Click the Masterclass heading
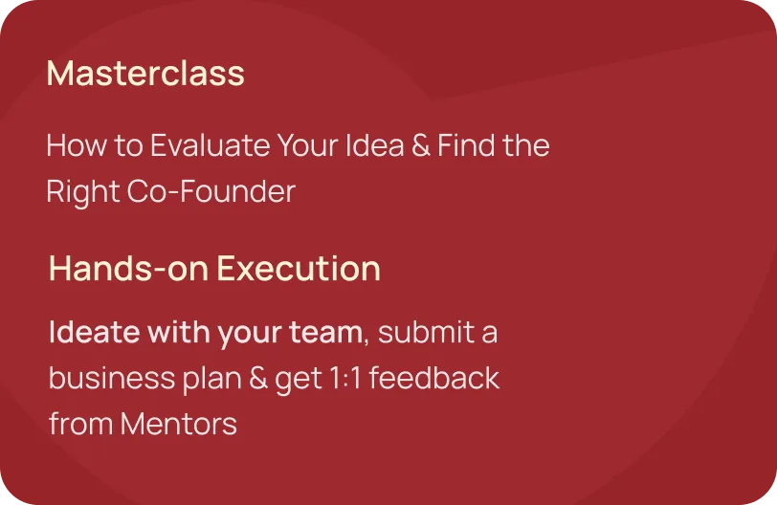tap(145, 74)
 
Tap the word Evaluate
tap(211, 145)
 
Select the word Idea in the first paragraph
tap(375, 145)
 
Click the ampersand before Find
tap(421, 145)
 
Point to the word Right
tap(83, 192)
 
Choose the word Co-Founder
tap(211, 191)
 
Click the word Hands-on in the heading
tap(128, 269)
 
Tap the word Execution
tap(299, 269)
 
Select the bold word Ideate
tap(95, 332)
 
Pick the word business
tap(112, 378)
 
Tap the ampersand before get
tap(258, 378)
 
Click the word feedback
tap(434, 378)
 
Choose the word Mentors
tap(179, 425)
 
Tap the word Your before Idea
tap(308, 145)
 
